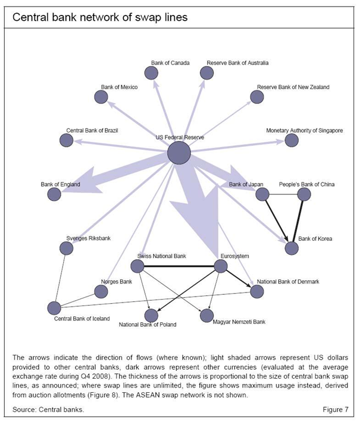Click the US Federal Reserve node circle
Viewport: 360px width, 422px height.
(179, 153)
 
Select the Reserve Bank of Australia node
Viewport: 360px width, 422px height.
(206, 73)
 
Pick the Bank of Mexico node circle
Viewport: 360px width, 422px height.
(102, 97)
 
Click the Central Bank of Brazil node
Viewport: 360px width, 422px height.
(67, 140)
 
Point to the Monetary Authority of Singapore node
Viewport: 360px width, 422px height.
(291, 140)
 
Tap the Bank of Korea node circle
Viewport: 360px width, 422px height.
(291, 248)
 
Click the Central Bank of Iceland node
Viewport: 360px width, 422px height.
(54, 308)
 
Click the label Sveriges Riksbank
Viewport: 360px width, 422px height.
(89, 238)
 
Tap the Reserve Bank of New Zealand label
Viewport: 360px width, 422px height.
(293, 87)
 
